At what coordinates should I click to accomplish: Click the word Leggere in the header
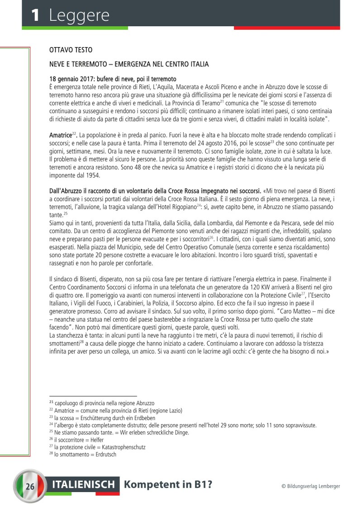point(79,15)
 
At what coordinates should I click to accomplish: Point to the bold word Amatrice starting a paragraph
point(61,135)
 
